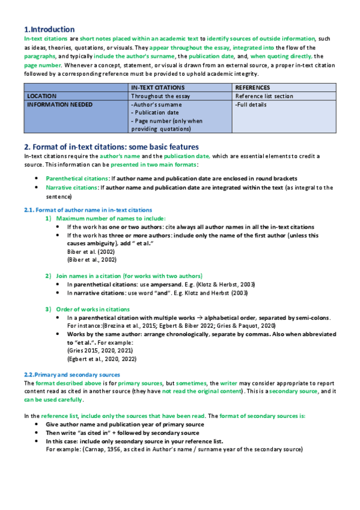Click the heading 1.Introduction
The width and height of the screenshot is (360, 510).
49,29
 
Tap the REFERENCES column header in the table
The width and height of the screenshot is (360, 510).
252,88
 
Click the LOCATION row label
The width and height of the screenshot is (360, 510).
42,96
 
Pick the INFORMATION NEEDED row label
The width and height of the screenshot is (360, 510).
60,104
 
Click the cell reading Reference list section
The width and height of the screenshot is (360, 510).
264,96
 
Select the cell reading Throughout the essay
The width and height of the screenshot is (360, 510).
160,96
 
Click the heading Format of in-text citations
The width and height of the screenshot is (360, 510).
111,147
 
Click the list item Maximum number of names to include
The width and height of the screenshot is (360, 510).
111,218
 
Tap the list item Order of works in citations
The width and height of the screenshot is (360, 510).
96,309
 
